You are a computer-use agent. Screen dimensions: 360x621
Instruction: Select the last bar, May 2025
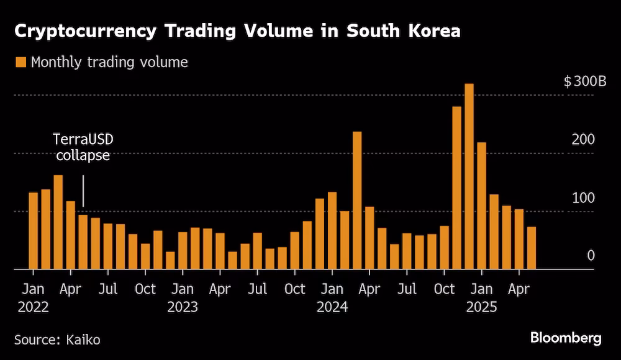(532, 248)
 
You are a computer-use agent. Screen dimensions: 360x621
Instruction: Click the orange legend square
(20, 62)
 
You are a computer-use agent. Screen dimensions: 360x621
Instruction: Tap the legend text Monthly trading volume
(109, 62)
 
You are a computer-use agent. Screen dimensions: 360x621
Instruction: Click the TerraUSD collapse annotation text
(83, 148)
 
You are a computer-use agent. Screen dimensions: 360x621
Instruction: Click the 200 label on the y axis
(583, 139)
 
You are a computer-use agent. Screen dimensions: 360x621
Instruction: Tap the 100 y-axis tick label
(583, 197)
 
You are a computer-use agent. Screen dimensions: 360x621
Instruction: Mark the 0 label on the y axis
(591, 256)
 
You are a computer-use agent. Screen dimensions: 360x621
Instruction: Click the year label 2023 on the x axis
(182, 307)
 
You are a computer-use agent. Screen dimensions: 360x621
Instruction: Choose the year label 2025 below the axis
(481, 307)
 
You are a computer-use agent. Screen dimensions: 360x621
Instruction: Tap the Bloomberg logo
(566, 338)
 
